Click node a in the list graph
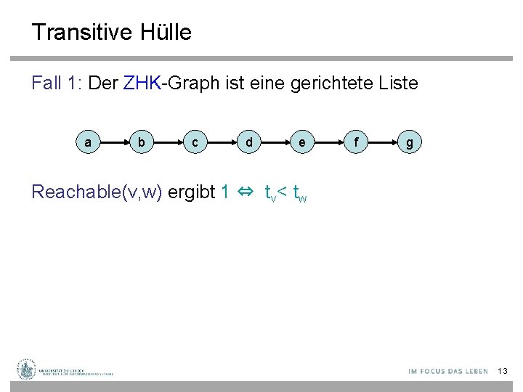pos(88,143)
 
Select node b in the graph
pos(142,143)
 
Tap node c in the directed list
pos(195,143)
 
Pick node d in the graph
pos(248,143)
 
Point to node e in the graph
pos(302,143)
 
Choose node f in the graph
pos(355,143)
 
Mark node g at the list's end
pos(410,143)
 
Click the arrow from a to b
pos(115,143)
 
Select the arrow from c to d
pos(222,143)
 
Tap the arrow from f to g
pos(383,143)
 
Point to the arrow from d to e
pos(275,143)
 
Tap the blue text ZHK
pos(142,83)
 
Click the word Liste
pos(398,83)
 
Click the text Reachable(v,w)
pos(97,192)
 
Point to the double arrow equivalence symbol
pos(246,192)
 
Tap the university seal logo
pos(26,369)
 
